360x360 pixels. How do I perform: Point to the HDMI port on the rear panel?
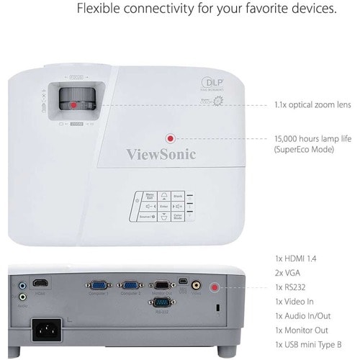pyautogui.click(x=42, y=284)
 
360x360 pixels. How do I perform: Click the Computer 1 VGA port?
pyautogui.click(x=99, y=285)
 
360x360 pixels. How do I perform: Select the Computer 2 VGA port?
pyautogui.click(x=130, y=285)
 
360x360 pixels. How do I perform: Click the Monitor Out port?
pyautogui.click(x=163, y=285)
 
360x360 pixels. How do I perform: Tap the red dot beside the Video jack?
pyautogui.click(x=214, y=287)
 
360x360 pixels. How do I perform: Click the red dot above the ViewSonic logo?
pyautogui.click(x=171, y=138)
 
